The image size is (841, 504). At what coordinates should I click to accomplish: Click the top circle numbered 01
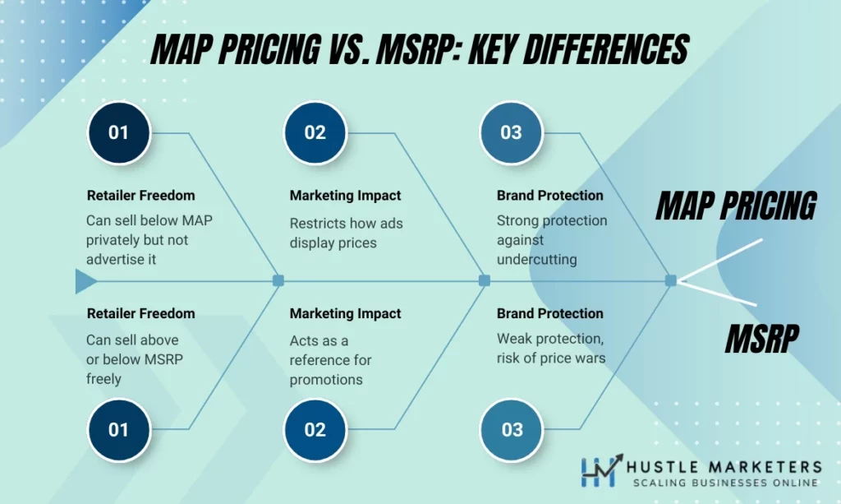(119, 132)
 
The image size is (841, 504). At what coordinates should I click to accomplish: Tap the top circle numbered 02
(315, 132)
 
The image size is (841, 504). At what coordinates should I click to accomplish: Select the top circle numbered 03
(511, 132)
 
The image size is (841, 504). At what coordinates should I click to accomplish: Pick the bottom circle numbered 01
(119, 429)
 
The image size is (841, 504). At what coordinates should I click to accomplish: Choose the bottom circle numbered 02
(315, 429)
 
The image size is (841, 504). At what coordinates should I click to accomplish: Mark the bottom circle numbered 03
(511, 429)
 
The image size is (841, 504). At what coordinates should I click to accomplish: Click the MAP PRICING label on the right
(735, 206)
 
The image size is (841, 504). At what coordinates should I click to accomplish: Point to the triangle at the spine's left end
(85, 281)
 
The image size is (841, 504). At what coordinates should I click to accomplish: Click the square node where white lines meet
(671, 280)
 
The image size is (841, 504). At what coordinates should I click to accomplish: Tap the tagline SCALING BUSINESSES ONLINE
(720, 483)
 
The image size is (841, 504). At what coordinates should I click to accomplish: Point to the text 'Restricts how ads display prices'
(346, 233)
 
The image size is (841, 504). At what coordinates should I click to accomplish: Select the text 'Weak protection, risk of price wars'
(550, 348)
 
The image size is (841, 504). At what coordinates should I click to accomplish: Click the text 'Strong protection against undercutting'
(551, 239)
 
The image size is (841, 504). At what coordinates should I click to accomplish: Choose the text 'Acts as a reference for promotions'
(330, 360)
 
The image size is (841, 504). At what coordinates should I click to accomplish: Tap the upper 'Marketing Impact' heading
(345, 196)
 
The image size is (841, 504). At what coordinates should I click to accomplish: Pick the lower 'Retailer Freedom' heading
(140, 313)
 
